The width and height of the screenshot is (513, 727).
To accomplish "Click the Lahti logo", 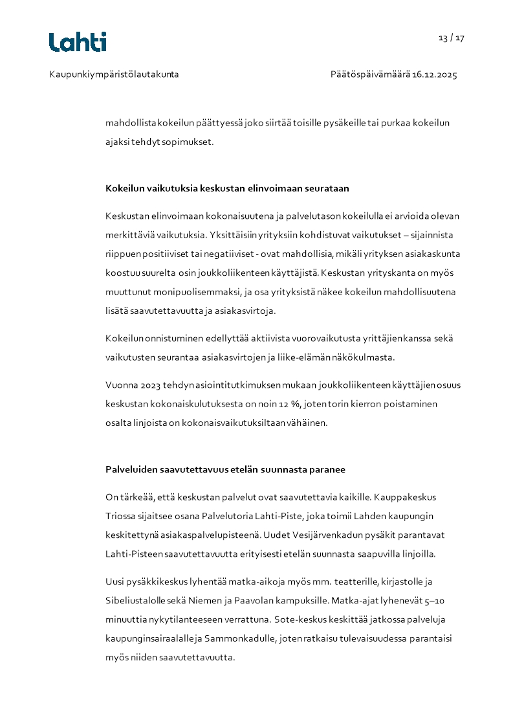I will tap(78, 42).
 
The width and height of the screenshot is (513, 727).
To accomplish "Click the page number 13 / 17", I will tap(452, 38).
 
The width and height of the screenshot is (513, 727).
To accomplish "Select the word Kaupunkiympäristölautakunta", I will tap(114, 74).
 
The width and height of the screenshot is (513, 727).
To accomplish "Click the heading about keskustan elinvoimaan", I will tap(227, 188).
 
